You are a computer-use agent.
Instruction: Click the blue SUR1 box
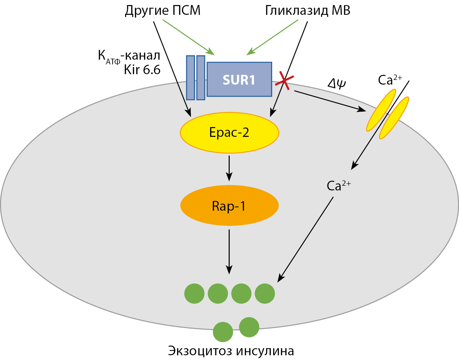pyautogui.click(x=239, y=79)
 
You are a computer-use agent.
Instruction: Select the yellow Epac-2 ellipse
pyautogui.click(x=229, y=132)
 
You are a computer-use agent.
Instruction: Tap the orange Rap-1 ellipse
pyautogui.click(x=229, y=206)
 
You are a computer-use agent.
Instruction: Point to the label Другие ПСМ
pyautogui.click(x=163, y=11)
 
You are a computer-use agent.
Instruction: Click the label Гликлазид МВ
pyautogui.click(x=308, y=11)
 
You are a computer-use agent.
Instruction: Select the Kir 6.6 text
pyautogui.click(x=142, y=70)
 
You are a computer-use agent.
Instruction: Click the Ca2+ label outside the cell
pyautogui.click(x=390, y=80)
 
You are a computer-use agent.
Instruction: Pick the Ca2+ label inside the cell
pyautogui.click(x=338, y=185)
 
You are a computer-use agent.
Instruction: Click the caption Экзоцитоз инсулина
pyautogui.click(x=231, y=351)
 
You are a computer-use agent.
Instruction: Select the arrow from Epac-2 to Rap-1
pyautogui.click(x=229, y=168)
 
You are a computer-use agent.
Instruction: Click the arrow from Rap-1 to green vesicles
pyautogui.click(x=229, y=251)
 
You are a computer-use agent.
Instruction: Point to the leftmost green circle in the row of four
pyautogui.click(x=195, y=293)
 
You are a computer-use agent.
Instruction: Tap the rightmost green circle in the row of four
pyautogui.click(x=265, y=293)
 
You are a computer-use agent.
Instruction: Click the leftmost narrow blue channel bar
pyautogui.click(x=191, y=78)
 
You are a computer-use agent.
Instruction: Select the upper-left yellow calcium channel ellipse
pyautogui.click(x=381, y=110)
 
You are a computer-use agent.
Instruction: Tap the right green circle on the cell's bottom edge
pyautogui.click(x=249, y=327)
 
